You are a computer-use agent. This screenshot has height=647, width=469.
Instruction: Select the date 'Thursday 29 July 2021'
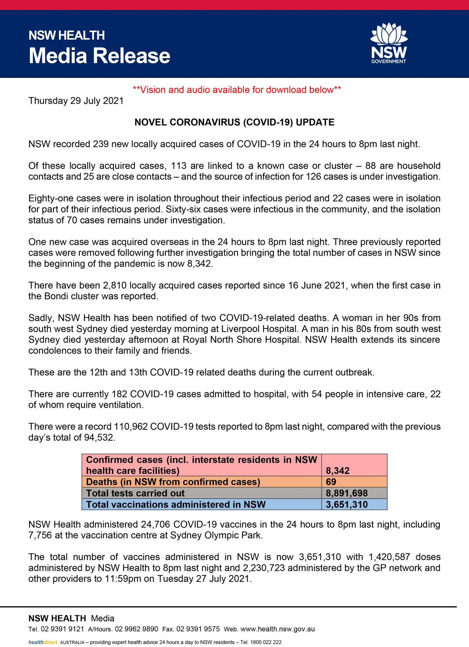(x=76, y=101)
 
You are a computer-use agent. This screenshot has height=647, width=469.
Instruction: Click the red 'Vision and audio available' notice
(x=237, y=90)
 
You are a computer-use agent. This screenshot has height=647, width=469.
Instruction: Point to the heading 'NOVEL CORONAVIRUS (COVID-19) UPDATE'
(x=234, y=122)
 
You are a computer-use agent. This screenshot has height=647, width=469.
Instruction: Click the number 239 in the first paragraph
(x=101, y=144)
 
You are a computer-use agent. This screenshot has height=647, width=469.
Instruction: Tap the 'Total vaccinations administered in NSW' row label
(x=176, y=504)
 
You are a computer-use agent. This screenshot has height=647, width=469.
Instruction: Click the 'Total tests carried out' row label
(x=135, y=493)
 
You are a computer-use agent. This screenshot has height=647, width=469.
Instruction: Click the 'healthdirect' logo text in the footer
(x=43, y=642)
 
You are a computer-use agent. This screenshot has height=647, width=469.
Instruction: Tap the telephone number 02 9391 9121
(x=62, y=629)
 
